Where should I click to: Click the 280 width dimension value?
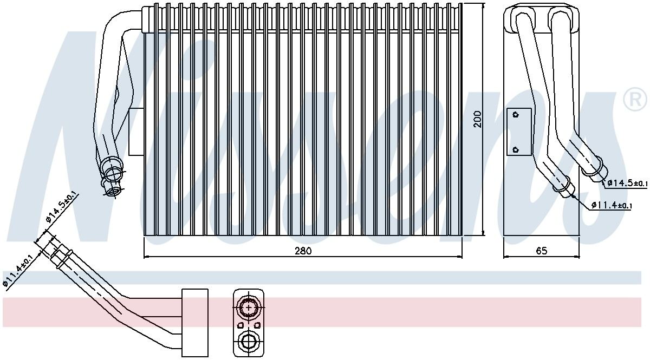pyautogui.click(x=303, y=251)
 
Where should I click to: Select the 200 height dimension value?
pyautogui.click(x=477, y=119)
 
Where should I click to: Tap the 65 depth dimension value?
pyautogui.click(x=542, y=251)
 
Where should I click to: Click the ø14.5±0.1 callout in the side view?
pyautogui.click(x=627, y=183)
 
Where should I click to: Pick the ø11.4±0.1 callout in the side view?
pyautogui.click(x=611, y=205)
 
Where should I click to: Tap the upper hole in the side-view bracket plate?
pyautogui.click(x=516, y=114)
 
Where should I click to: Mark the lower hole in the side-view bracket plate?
pyautogui.click(x=516, y=149)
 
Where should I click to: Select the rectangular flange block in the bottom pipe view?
pyautogui.click(x=194, y=319)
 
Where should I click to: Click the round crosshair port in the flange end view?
pyautogui.click(x=249, y=307)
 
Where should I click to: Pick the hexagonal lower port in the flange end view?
pyautogui.click(x=249, y=342)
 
